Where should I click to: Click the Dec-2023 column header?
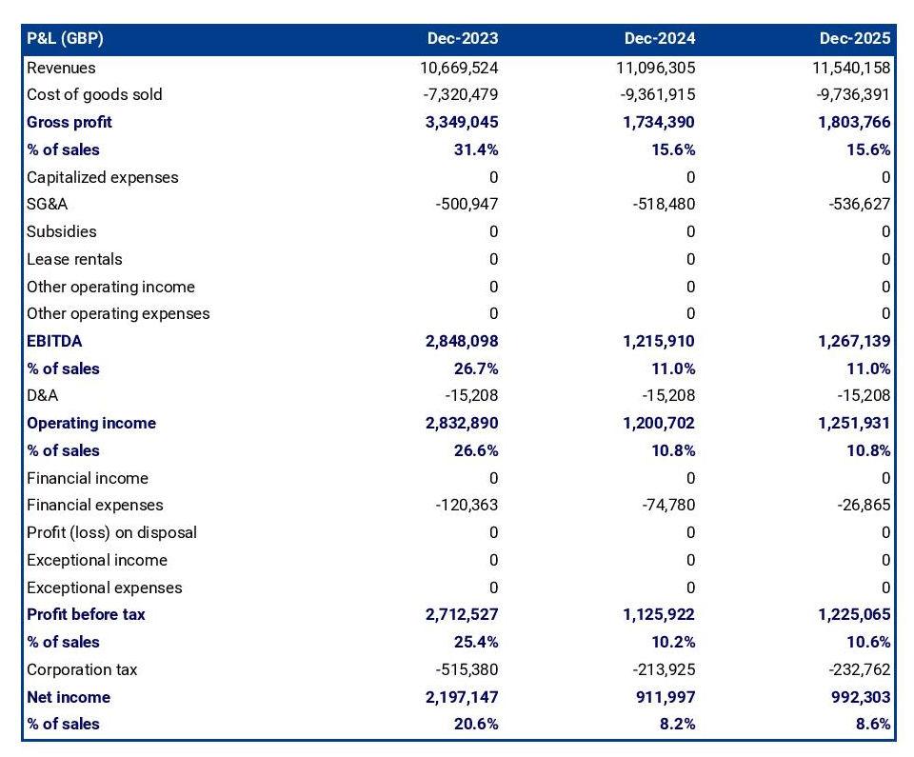[462, 39]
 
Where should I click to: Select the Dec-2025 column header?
[855, 39]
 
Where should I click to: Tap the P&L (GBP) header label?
[65, 39]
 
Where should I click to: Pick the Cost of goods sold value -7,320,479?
[459, 94]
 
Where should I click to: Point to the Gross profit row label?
[70, 122]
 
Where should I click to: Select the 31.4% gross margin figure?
[478, 149]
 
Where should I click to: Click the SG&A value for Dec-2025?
[856, 204]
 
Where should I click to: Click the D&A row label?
[42, 395]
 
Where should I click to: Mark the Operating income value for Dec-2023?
[459, 423]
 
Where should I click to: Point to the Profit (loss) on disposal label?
[112, 532]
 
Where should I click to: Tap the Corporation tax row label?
[82, 669]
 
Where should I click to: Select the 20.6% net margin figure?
[478, 724]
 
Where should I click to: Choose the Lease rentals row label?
[74, 259]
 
